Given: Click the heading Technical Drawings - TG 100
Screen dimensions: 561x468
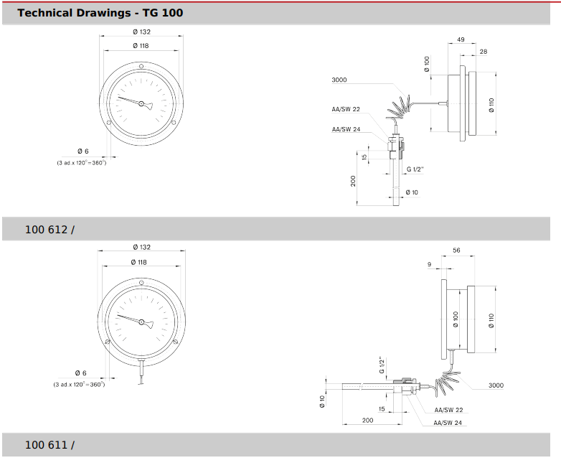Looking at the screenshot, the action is pos(100,13).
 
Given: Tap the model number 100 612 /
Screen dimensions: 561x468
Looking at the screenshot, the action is pos(49,230).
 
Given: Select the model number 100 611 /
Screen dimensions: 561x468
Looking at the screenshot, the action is pos(49,445).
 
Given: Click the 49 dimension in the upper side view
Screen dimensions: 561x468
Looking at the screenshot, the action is pos(461,39).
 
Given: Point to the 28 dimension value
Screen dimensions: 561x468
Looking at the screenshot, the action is pos(484,52).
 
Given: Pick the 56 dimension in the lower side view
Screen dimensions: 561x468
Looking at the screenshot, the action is pos(456,251).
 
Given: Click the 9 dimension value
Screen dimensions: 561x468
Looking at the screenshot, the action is pos(429,264).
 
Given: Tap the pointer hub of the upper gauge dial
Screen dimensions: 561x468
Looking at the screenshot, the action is pos(141,104).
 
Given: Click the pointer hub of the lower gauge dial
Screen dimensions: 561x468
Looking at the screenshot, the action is pos(141,322).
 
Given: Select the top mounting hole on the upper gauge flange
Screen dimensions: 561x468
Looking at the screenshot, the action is pos(141,66).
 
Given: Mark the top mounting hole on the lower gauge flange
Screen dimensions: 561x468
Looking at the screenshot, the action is pos(141,283).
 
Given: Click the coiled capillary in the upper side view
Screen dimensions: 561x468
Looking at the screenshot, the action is pos(399,108).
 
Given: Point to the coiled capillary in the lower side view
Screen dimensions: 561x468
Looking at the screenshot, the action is pos(447,383).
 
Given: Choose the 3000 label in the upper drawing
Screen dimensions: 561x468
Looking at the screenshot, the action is pos(339,80).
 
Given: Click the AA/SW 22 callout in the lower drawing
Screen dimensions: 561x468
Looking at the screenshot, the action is pos(448,410).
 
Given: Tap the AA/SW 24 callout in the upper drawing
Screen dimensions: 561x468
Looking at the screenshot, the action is pos(346,129).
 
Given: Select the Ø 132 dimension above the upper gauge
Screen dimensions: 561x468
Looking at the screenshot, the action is pos(141,32).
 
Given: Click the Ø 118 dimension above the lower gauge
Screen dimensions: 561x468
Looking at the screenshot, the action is pos(139,263).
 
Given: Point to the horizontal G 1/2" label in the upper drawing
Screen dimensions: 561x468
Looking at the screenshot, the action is pos(415,169).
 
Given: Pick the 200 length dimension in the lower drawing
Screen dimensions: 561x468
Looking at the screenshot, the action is pos(368,421).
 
